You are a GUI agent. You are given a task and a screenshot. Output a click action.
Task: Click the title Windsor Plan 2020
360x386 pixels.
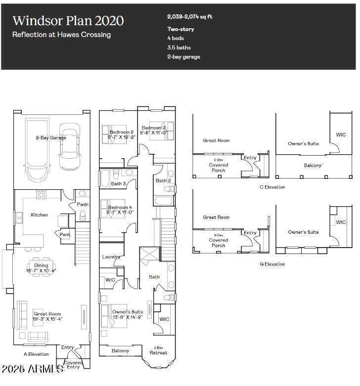coord(68,21)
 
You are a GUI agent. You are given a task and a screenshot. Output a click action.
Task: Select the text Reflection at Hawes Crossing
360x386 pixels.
coord(61,35)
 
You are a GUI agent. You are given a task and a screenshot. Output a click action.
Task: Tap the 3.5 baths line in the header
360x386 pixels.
coord(179,47)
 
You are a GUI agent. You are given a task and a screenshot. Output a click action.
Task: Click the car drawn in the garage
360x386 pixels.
coord(69,139)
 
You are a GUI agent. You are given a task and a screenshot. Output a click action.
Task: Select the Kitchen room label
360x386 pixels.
coord(40,215)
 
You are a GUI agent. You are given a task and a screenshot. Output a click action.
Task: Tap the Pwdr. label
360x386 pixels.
coord(82,205)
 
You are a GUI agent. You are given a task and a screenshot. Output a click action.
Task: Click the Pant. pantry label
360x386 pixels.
coord(65,235)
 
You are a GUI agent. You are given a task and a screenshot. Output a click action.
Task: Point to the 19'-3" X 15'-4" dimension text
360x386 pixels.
coord(48,319)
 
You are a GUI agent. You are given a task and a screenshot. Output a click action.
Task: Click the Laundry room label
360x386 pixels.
coord(111,257)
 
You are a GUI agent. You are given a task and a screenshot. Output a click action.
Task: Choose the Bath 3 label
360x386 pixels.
coord(118,184)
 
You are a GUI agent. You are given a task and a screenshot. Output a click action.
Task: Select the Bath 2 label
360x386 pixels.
coord(163,181)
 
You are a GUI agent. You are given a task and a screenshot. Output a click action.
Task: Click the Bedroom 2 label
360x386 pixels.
coord(121,132)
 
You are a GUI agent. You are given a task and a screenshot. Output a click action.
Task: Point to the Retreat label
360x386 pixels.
coord(158,352)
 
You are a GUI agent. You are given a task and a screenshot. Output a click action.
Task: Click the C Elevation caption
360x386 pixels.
coord(272,187)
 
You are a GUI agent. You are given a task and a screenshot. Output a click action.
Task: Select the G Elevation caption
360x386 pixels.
coord(272,264)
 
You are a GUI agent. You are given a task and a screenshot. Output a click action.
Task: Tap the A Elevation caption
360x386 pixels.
coord(36,354)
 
